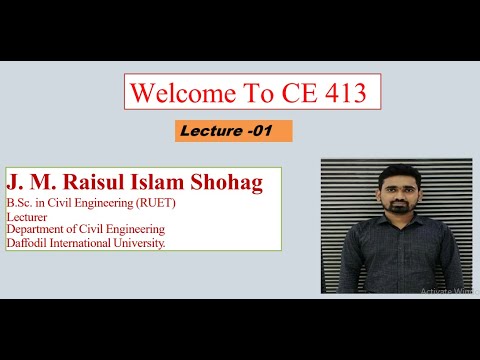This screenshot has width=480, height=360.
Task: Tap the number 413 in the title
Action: click(352, 94)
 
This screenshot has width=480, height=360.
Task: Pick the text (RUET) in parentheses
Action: click(158, 204)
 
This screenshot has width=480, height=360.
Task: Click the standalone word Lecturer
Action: click(27, 217)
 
